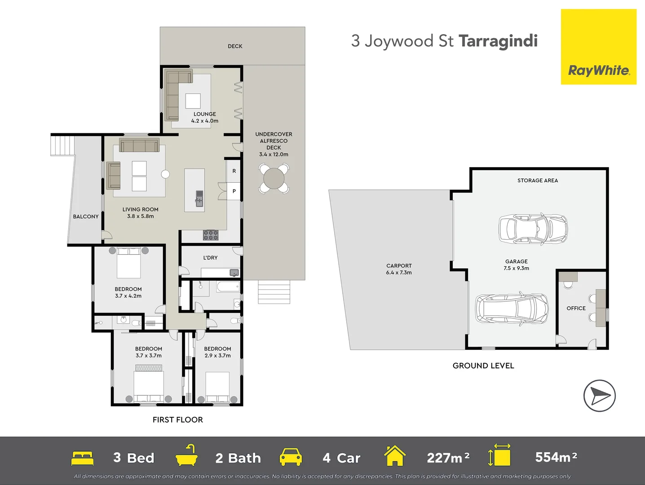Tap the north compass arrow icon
click(x=599, y=396)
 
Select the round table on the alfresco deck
click(x=274, y=179)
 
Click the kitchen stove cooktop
click(x=211, y=235)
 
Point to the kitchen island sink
click(x=199, y=198)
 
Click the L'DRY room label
click(x=210, y=258)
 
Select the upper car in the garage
click(x=533, y=229)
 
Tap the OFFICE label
click(x=576, y=308)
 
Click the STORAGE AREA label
click(x=537, y=181)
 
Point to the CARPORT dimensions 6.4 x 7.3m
click(x=399, y=273)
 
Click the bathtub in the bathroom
click(x=227, y=287)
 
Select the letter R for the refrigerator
click(x=234, y=171)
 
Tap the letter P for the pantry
click(x=234, y=191)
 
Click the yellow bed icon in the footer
click(x=82, y=458)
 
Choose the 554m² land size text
click(x=556, y=457)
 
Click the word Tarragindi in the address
click(x=498, y=41)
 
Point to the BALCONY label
click(x=86, y=216)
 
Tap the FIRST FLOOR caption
click(x=177, y=419)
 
